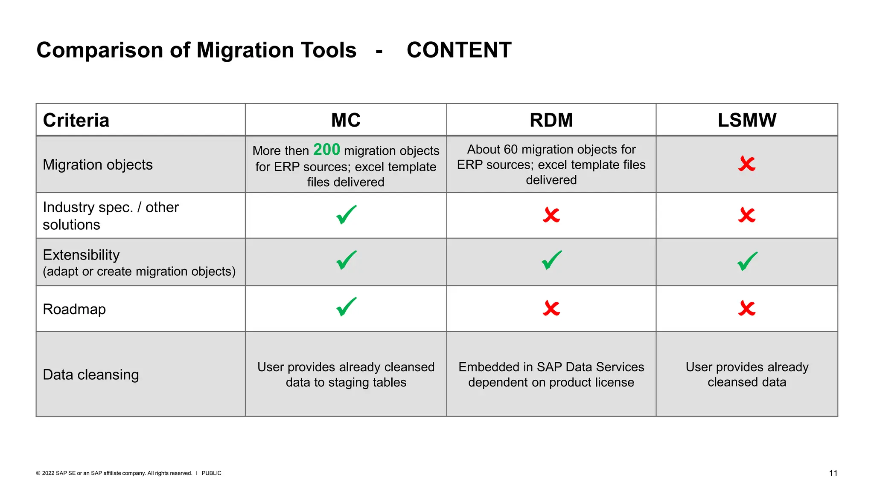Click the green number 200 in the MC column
click(x=326, y=150)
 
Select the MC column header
click(x=346, y=120)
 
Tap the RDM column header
click(x=551, y=120)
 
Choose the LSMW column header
click(x=747, y=120)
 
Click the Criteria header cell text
click(x=76, y=120)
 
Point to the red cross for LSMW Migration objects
click(x=747, y=164)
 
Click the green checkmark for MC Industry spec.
click(x=346, y=214)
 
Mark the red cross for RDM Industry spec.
click(x=551, y=215)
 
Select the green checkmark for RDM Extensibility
click(x=551, y=260)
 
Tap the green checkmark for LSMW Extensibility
click(x=747, y=261)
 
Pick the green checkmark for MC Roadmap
click(x=346, y=306)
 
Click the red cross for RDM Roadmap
click(x=551, y=308)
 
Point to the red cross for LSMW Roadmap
click(x=747, y=308)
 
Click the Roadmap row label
click(x=74, y=309)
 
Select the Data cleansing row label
click(x=91, y=375)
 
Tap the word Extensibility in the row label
click(x=81, y=255)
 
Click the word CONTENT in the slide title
click(x=459, y=50)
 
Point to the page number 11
click(x=833, y=473)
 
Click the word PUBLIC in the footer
click(x=211, y=473)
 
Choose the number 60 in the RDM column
click(x=510, y=149)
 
